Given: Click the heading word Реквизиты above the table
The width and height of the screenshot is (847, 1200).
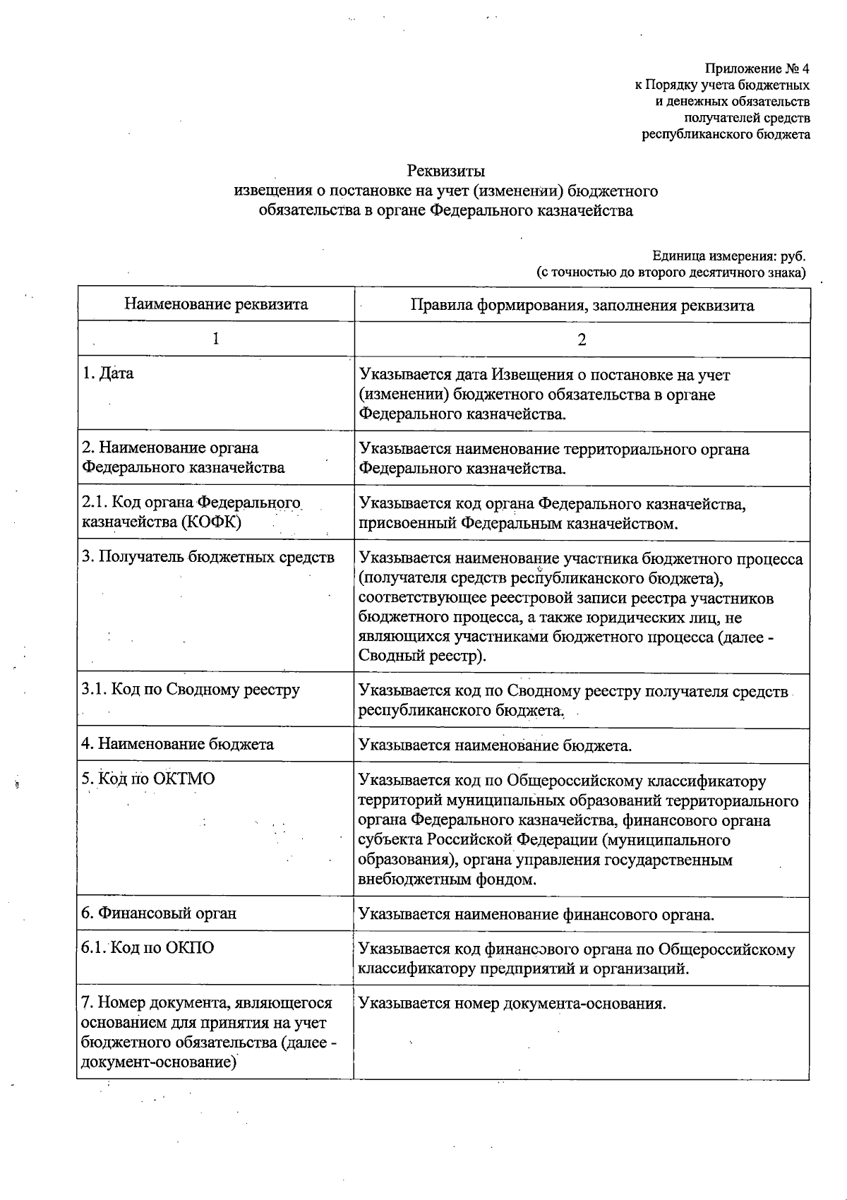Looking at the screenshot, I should [x=445, y=171].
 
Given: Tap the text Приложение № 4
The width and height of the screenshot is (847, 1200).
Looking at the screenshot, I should [x=757, y=68].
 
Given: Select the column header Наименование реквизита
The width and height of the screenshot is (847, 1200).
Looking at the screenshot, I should [x=216, y=304].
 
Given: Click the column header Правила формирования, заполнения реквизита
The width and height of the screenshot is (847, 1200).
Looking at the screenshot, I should [x=582, y=306].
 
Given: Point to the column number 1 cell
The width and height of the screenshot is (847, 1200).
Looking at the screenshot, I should [x=216, y=339].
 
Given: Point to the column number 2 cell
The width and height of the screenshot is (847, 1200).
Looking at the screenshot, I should [x=582, y=340].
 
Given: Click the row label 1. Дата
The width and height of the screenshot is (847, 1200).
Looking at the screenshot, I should [x=107, y=373].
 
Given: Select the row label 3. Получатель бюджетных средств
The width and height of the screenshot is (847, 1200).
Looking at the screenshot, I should [x=208, y=557].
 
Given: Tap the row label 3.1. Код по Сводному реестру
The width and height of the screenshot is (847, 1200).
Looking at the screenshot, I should [x=191, y=690].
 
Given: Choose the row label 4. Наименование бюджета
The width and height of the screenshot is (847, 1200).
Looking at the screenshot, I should [x=177, y=744].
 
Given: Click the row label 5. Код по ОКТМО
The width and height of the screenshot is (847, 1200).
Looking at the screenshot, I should [x=148, y=779].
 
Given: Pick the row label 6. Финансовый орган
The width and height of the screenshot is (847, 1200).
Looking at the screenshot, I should [x=159, y=913].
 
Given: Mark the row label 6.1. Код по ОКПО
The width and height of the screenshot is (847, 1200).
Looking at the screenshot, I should [x=148, y=948].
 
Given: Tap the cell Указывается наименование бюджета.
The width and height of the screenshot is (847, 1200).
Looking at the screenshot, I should [x=495, y=745].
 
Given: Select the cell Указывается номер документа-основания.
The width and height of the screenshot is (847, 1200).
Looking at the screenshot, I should [x=512, y=1004].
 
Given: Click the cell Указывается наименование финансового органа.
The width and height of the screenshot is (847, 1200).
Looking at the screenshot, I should [x=536, y=915].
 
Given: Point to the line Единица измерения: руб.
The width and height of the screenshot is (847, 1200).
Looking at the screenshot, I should [x=728, y=256].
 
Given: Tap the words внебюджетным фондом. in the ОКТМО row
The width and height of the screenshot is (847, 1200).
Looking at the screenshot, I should [x=447, y=880].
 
